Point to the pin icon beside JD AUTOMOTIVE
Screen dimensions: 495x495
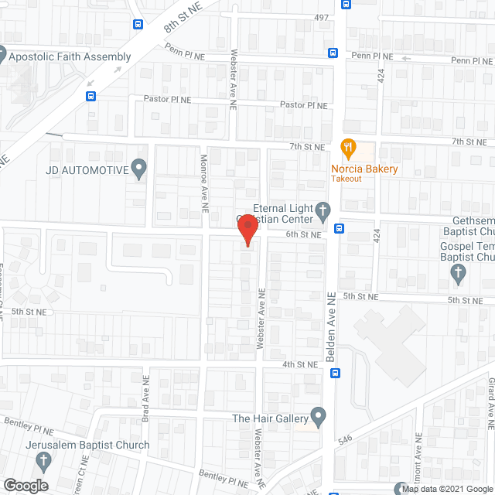[x=139, y=168]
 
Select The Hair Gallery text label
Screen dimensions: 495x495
[x=270, y=418]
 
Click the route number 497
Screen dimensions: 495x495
[x=321, y=17]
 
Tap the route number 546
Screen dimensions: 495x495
[x=345, y=439]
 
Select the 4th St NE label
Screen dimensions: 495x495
[x=299, y=364]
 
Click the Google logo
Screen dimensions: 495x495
[x=26, y=485]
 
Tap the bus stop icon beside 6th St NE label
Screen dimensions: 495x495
[x=338, y=228]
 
